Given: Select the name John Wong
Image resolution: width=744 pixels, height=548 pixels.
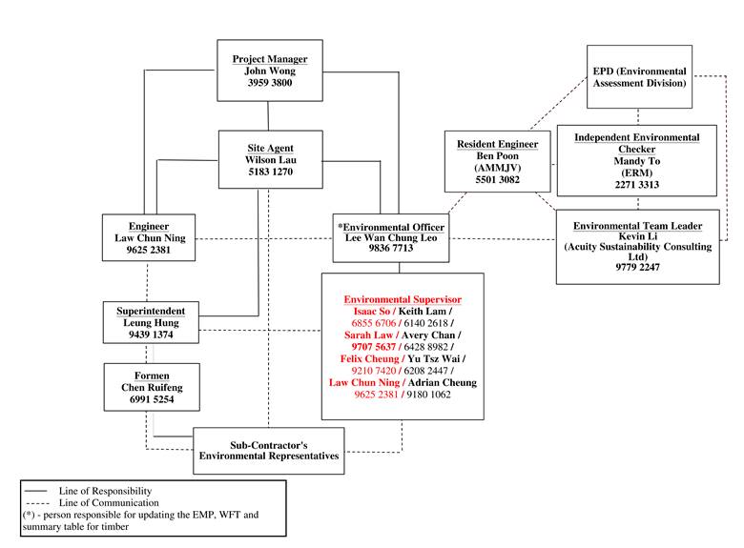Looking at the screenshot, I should tap(270, 71).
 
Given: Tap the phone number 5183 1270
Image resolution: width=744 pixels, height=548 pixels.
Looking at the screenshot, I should tap(269, 173).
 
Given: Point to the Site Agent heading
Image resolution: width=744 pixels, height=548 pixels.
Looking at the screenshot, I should tap(269, 148).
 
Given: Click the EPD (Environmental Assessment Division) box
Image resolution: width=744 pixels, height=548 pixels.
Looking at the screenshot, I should tap(639, 77).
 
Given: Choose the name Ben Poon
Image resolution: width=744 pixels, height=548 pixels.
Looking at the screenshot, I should tap(497, 156).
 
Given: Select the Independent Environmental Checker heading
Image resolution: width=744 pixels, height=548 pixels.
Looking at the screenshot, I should tap(636, 144).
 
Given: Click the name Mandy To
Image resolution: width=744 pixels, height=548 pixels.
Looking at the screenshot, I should tap(636, 162).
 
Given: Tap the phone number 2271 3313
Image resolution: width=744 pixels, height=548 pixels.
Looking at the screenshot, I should tap(636, 185).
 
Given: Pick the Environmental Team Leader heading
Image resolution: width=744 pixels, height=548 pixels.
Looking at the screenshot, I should tap(637, 226).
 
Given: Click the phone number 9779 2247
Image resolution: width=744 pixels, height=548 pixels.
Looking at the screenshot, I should tap(636, 268).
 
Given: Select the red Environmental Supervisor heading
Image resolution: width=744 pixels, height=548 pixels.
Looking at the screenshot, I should tap(402, 299).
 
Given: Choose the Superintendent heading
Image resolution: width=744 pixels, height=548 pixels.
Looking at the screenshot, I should tap(150, 311).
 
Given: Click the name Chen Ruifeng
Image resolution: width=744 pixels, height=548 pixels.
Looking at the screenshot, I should tap(150, 387).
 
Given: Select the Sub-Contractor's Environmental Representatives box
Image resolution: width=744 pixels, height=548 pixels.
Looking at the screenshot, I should tap(268, 451).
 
